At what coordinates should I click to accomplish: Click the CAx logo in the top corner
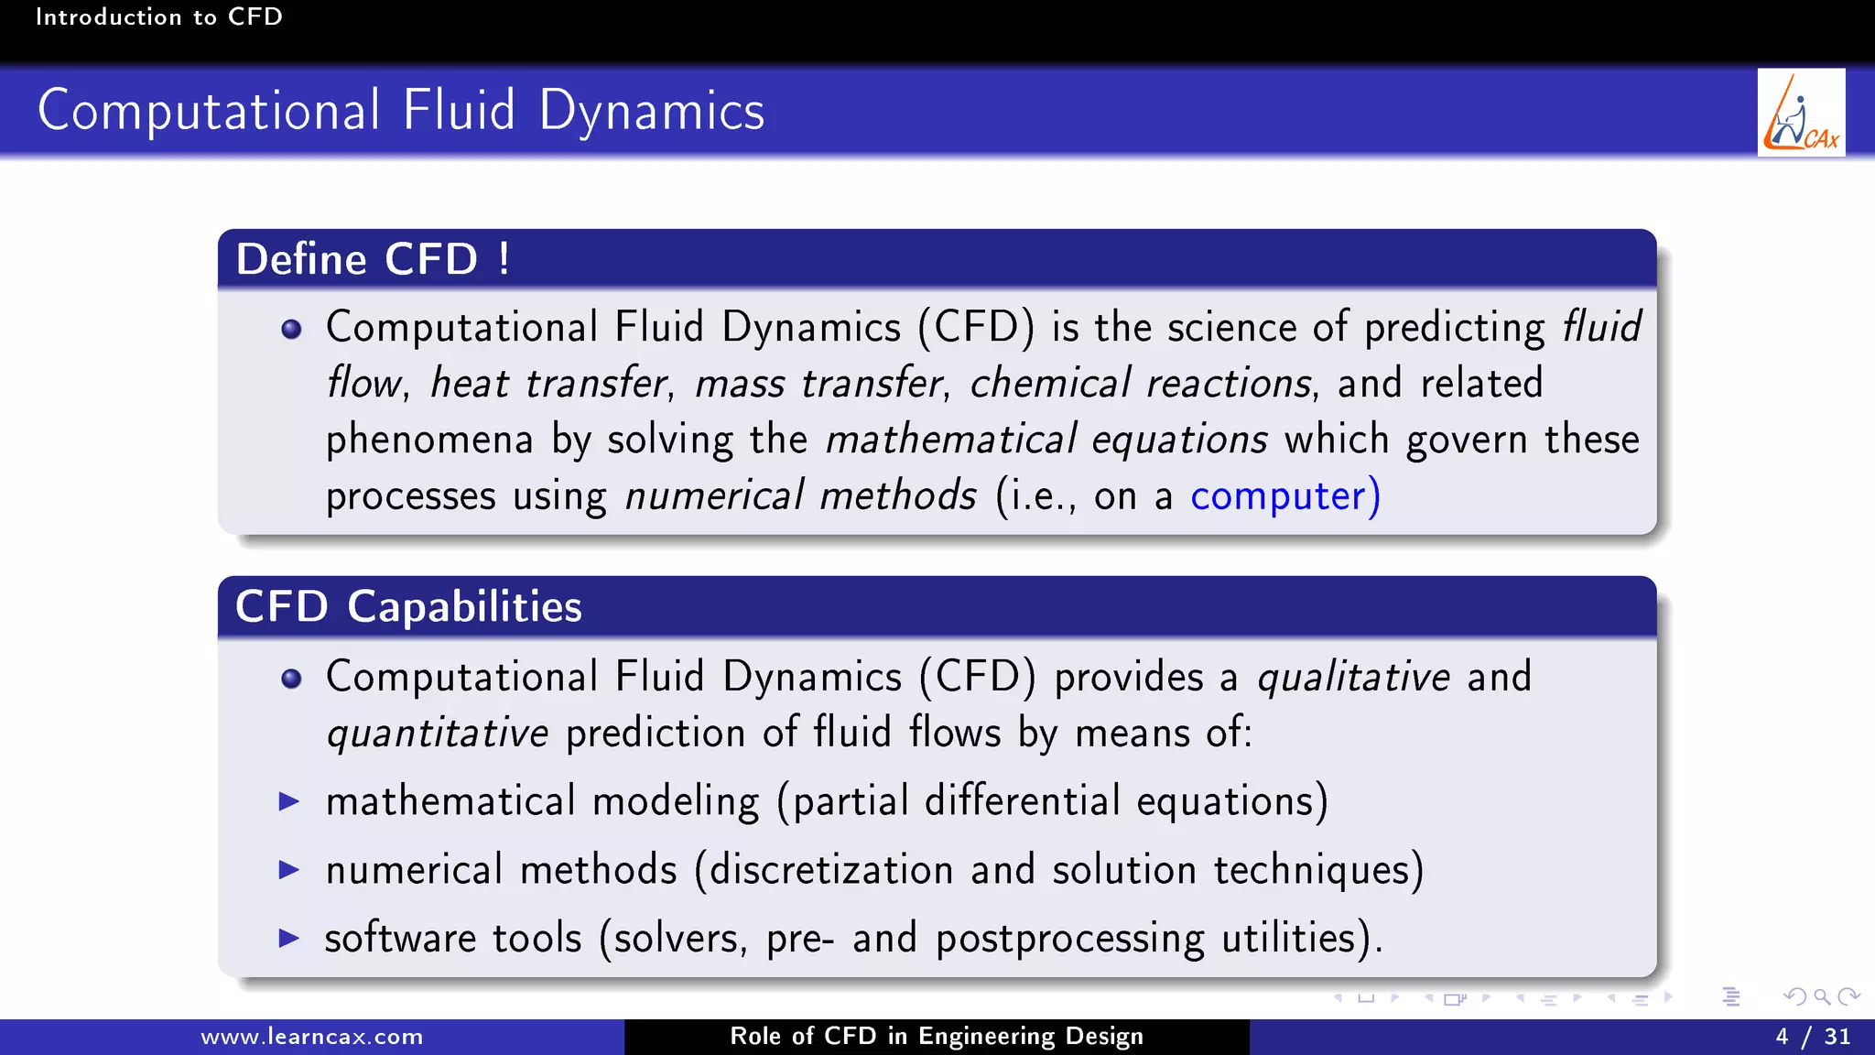[x=1801, y=113]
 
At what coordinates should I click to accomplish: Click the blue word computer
[x=1278, y=496]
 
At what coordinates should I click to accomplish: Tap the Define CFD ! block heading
[x=373, y=259]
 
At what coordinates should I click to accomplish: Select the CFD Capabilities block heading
[x=408, y=606]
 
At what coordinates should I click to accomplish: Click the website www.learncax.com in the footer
[x=311, y=1037]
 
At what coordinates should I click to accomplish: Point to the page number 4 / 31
[x=1813, y=1037]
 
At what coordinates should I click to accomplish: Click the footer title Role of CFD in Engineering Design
[x=937, y=1037]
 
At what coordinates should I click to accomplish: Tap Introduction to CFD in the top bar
[x=158, y=16]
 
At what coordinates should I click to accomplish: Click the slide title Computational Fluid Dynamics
[x=401, y=111]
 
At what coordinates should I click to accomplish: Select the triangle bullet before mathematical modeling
[x=289, y=802]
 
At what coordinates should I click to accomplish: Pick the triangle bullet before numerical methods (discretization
[x=289, y=870]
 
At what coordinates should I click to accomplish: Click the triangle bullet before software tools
[x=289, y=938]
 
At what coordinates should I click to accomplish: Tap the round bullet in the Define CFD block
[x=291, y=330]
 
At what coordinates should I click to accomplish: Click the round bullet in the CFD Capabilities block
[x=291, y=679]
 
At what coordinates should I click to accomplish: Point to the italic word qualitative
[x=1353, y=678]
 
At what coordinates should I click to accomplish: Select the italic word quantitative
[x=438, y=734]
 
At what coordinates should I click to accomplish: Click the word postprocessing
[x=1069, y=939]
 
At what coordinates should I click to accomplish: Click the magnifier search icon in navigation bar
[x=1822, y=997]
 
